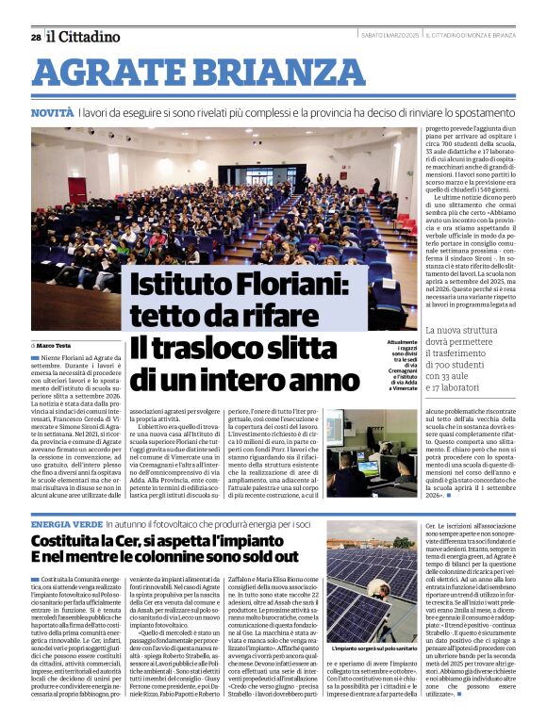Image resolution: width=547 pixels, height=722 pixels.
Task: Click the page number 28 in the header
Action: tap(35, 37)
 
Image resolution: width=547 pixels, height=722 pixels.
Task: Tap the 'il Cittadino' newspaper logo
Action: tap(84, 37)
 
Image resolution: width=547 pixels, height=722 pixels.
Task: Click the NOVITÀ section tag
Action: tap(52, 112)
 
